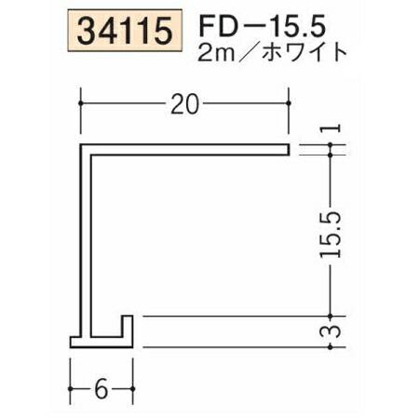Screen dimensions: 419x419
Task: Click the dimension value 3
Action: [x=333, y=331]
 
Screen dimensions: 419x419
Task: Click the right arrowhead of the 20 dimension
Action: [x=286, y=105]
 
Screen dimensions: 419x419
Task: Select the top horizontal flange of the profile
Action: [x=186, y=148]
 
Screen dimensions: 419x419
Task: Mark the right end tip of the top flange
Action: [x=289, y=148]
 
